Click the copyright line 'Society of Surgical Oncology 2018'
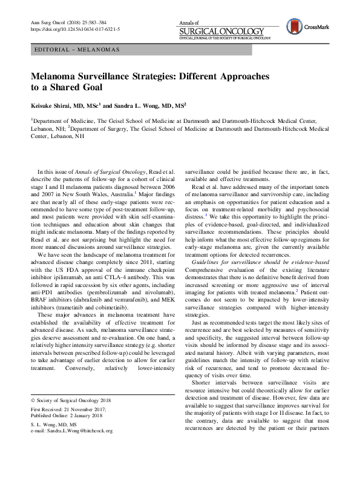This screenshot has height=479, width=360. tap(77, 401)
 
